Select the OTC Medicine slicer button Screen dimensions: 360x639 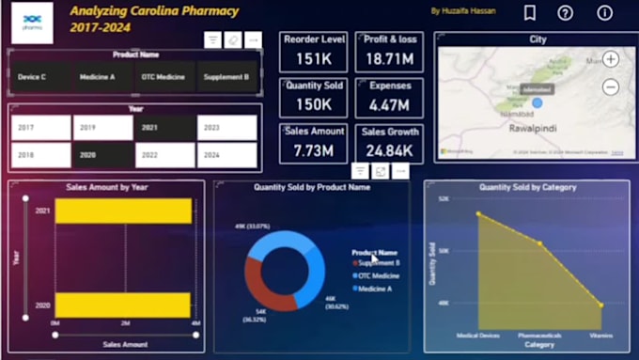pyautogui.click(x=163, y=77)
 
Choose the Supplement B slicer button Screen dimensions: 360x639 pyautogui.click(x=226, y=77)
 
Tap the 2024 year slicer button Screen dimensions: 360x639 pyautogui.click(x=226, y=155)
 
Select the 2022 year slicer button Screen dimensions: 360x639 pyautogui.click(x=164, y=155)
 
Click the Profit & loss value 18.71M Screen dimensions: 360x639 pyautogui.click(x=388, y=59)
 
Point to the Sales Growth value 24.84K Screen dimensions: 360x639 pyautogui.click(x=388, y=150)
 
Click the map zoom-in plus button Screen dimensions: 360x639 pyautogui.click(x=611, y=59)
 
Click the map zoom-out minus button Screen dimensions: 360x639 pyautogui.click(x=611, y=86)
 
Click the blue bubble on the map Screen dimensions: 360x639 pyautogui.click(x=538, y=103)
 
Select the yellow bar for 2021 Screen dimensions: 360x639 pyautogui.click(x=122, y=211)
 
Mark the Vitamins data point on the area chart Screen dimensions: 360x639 pyautogui.click(x=600, y=305)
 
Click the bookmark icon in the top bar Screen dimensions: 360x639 pyautogui.click(x=530, y=13)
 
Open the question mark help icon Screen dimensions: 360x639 pyautogui.click(x=565, y=13)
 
